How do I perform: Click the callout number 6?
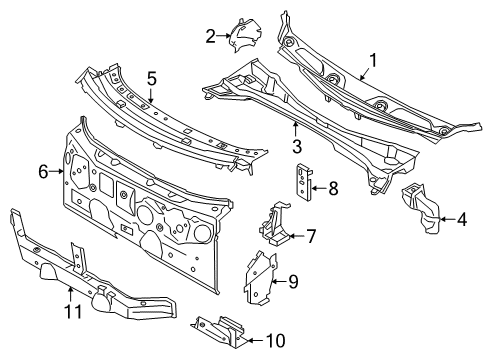click(43, 172)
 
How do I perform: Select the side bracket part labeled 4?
click(422, 209)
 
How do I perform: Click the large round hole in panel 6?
click(200, 232)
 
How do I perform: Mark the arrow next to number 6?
click(58, 172)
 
